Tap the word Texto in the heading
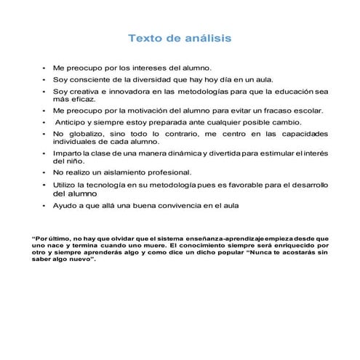145,37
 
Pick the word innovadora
127,92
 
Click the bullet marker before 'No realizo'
44,173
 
